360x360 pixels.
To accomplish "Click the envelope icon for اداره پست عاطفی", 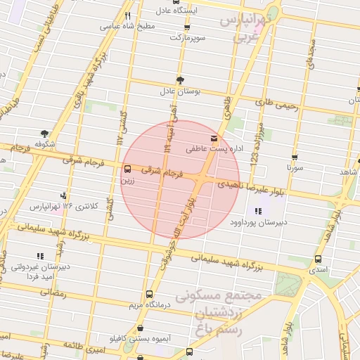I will click(x=214, y=138).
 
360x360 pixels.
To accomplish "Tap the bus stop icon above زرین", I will click(x=127, y=169).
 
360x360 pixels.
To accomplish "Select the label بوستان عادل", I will click(x=179, y=91).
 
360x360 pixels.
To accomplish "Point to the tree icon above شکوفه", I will click(x=45, y=133).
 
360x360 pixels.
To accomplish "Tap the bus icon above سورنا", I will click(x=294, y=157).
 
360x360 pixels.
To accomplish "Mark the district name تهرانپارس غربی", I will click(x=245, y=28).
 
